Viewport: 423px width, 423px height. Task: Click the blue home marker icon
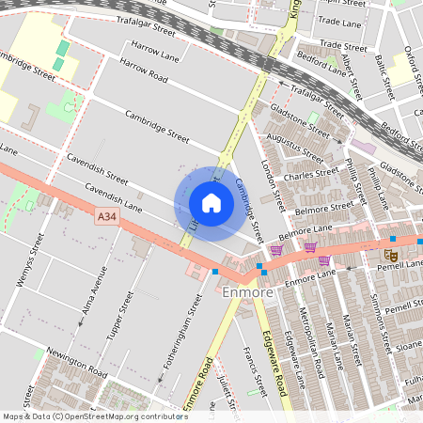(x=211, y=203)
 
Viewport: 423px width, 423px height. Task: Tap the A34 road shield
(x=107, y=217)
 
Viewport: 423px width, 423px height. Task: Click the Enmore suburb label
(x=248, y=293)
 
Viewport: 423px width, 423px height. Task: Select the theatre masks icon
(x=392, y=254)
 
